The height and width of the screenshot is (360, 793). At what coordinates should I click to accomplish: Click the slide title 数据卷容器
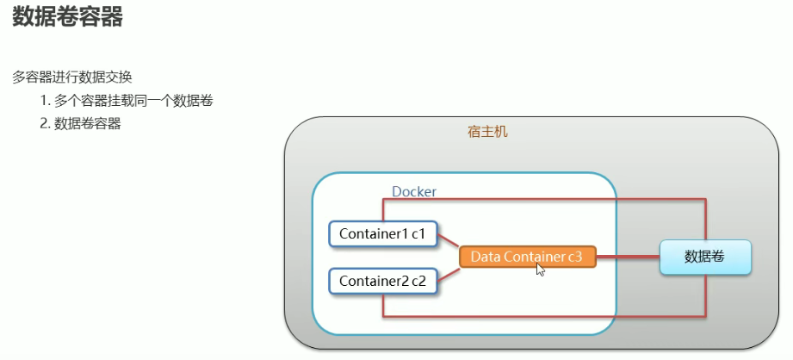coord(67,18)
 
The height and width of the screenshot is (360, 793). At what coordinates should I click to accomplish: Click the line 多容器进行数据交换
coord(71,77)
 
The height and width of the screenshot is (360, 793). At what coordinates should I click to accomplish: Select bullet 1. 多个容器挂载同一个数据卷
coord(126,101)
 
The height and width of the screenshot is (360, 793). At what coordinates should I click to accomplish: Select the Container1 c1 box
coord(383,233)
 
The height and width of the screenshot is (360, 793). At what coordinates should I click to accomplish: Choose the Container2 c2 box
coord(383,280)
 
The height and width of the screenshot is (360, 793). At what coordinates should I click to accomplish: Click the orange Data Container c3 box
coord(527,257)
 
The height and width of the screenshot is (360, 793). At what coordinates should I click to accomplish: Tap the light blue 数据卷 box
coord(705,257)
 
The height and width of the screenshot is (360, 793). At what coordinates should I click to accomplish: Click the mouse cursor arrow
coord(539,270)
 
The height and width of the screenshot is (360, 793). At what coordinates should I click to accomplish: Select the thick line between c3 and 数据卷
coord(628,257)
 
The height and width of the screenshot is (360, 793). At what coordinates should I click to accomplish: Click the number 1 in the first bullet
coord(43,101)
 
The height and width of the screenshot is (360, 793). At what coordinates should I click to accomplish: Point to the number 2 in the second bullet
coord(44,124)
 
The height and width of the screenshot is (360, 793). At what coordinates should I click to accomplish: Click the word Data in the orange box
coord(486,257)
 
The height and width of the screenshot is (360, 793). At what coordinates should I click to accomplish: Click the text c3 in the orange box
coord(574,257)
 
